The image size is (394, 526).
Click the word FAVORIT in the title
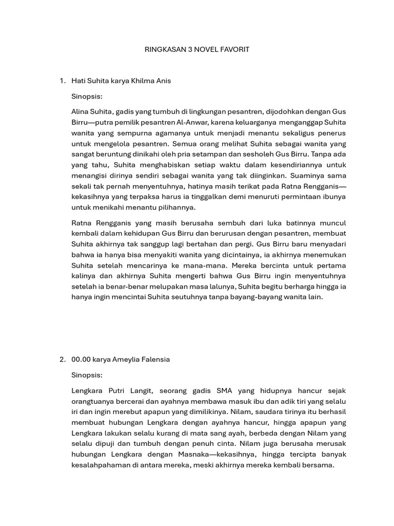(233, 49)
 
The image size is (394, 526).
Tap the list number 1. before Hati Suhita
(63, 81)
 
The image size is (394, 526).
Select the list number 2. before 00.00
(63, 360)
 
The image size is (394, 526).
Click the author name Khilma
(143, 81)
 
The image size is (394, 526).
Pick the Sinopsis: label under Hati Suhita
(87, 96)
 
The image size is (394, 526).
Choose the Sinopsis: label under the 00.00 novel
(87, 375)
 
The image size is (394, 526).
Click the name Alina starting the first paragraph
(81, 111)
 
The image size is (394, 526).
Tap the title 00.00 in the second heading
(81, 360)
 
